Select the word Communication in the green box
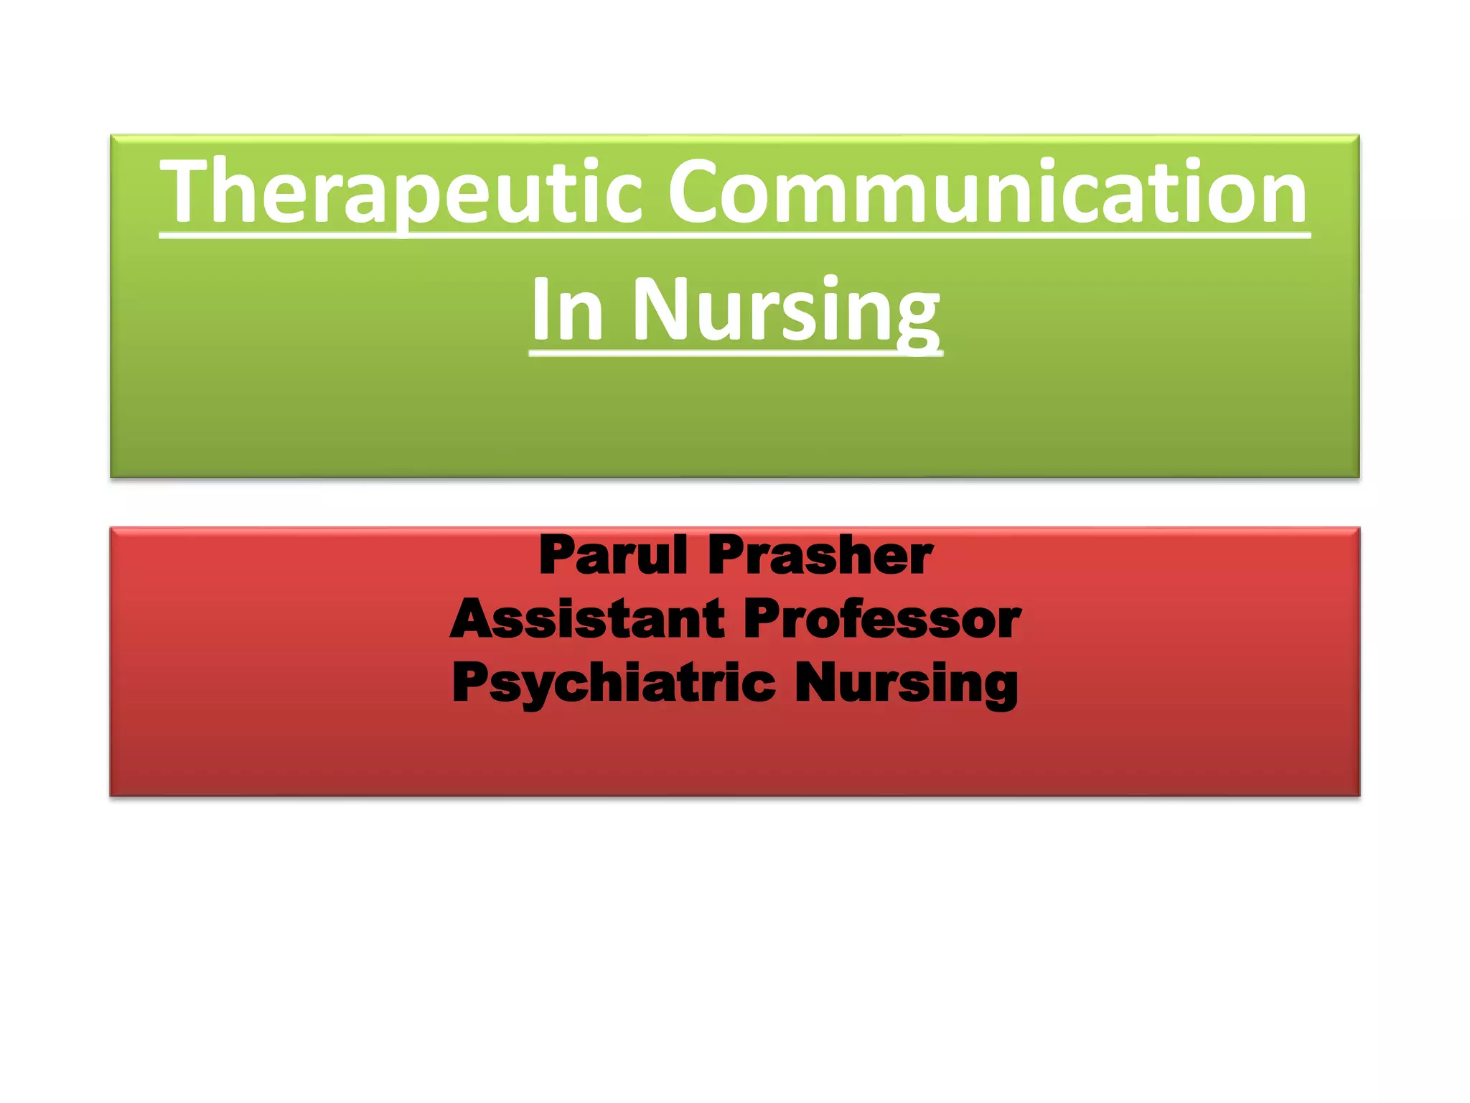(988, 192)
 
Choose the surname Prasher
(820, 555)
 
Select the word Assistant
(588, 618)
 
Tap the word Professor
(881, 618)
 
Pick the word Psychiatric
(614, 682)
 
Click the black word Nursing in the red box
(906, 682)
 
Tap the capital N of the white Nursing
(660, 309)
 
